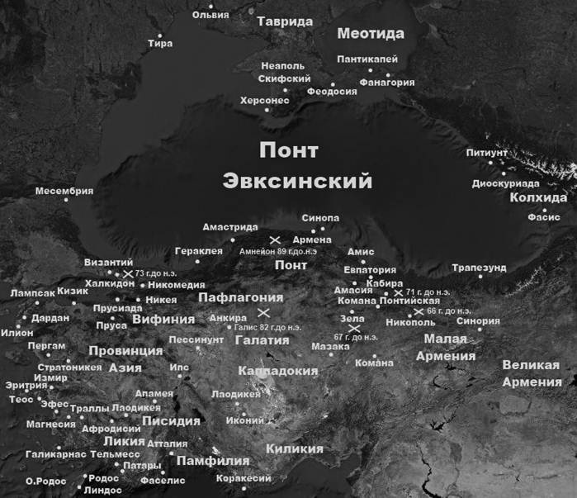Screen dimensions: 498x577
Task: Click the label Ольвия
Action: (x=210, y=15)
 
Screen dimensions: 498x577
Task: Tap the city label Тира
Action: (x=159, y=43)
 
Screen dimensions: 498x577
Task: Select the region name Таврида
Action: (x=285, y=21)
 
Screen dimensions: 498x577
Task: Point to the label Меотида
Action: (x=371, y=34)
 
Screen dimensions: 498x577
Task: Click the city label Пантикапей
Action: (x=367, y=59)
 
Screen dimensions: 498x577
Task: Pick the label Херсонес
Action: (x=264, y=100)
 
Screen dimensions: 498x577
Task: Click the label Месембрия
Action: (x=64, y=191)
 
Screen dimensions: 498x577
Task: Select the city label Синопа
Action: (x=320, y=218)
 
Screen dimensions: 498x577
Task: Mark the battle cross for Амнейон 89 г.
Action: (x=275, y=239)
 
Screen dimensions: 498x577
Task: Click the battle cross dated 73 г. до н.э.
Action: (x=127, y=273)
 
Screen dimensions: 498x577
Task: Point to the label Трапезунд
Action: (x=477, y=268)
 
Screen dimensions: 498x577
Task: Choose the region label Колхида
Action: (x=538, y=198)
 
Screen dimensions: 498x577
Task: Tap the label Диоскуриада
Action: (x=505, y=183)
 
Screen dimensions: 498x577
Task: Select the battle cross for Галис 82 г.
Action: (x=263, y=312)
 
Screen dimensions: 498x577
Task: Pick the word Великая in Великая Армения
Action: (x=531, y=365)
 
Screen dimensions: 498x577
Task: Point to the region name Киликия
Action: (x=294, y=448)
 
